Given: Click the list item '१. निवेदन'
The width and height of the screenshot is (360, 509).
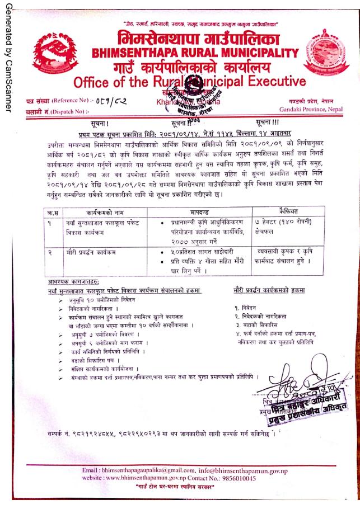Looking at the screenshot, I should (x=247, y=307).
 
